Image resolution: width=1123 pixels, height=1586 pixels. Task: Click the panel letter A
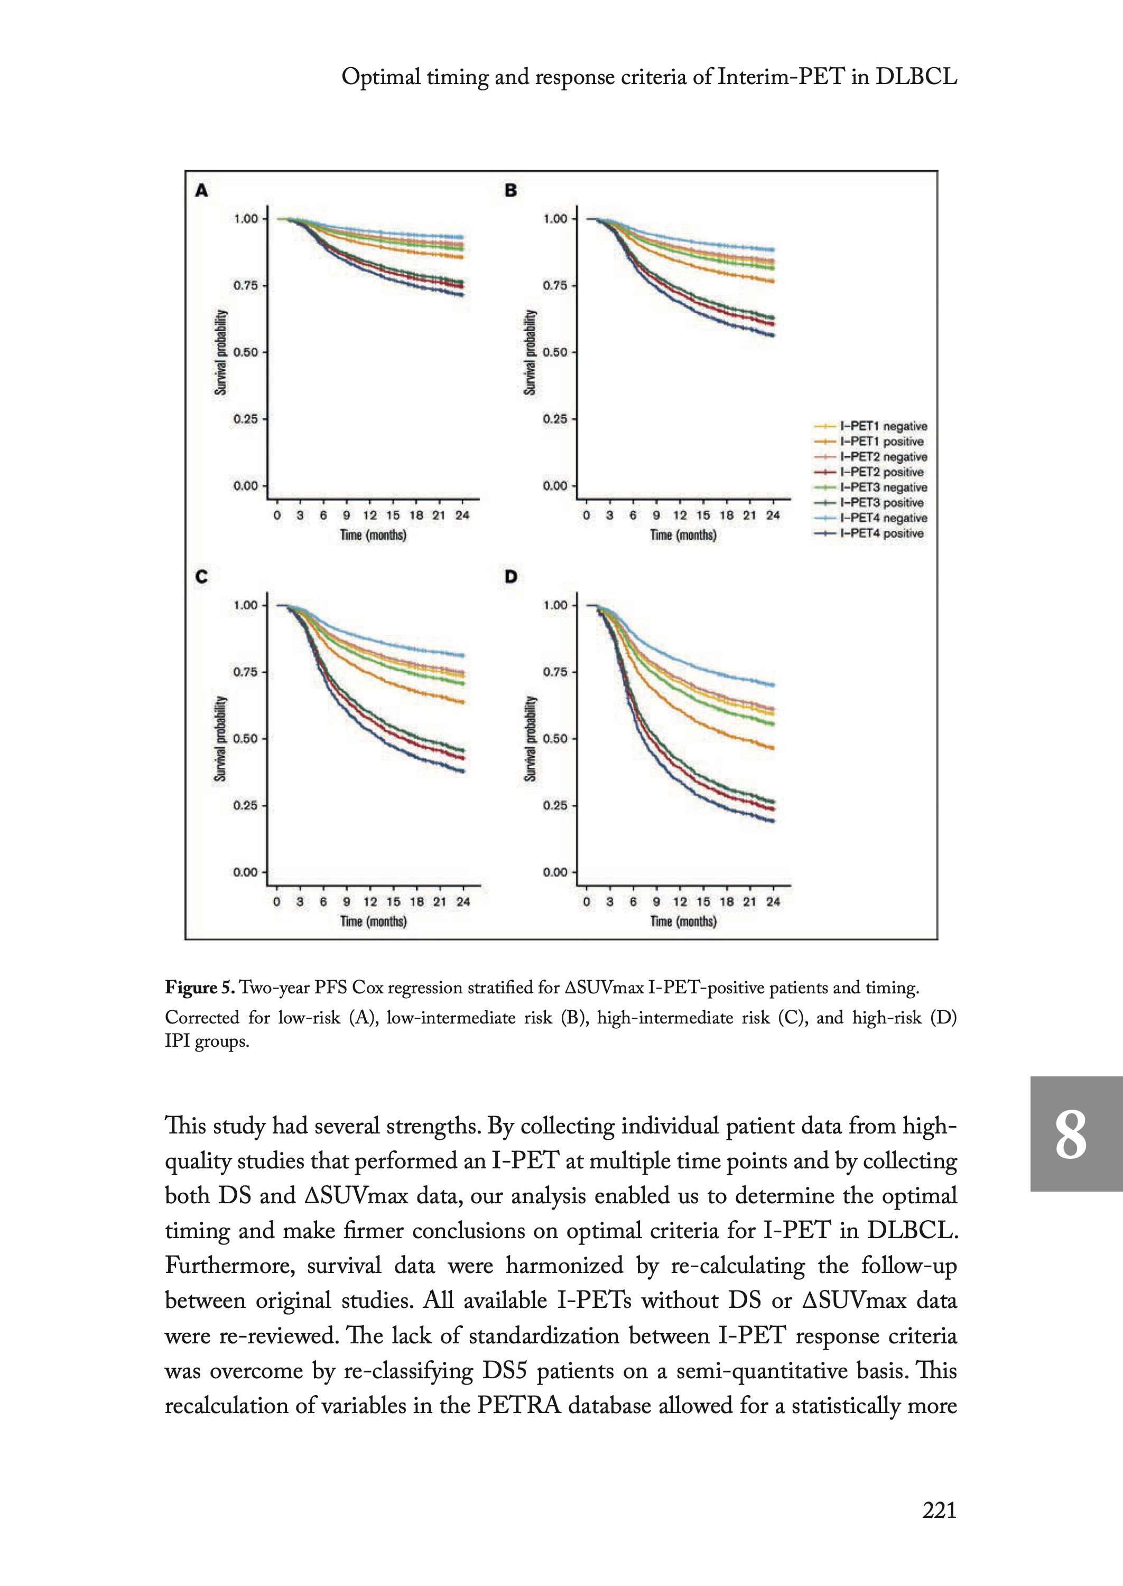click(201, 190)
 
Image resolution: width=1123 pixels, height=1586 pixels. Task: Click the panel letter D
click(511, 576)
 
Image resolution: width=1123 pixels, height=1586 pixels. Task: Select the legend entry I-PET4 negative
click(883, 518)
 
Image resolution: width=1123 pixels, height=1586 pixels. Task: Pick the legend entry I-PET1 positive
click(881, 441)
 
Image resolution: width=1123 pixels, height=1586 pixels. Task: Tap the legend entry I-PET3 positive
click(881, 503)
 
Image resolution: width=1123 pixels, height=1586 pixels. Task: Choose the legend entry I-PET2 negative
click(883, 456)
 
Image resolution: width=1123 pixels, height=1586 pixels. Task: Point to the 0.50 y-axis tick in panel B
click(554, 352)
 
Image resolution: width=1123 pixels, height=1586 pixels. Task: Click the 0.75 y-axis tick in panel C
click(245, 671)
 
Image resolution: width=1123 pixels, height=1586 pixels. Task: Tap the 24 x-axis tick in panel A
click(462, 515)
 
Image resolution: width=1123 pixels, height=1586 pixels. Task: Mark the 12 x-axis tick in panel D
click(680, 902)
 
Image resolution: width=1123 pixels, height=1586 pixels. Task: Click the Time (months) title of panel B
click(682, 536)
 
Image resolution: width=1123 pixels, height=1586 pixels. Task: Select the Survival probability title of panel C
click(220, 739)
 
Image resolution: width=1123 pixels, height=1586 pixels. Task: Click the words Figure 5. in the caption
click(199, 988)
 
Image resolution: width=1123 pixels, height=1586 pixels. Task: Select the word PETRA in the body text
click(518, 1406)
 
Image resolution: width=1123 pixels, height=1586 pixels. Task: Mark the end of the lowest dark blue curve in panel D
click(773, 821)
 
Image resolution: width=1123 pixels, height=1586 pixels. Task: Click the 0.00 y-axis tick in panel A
click(245, 485)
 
